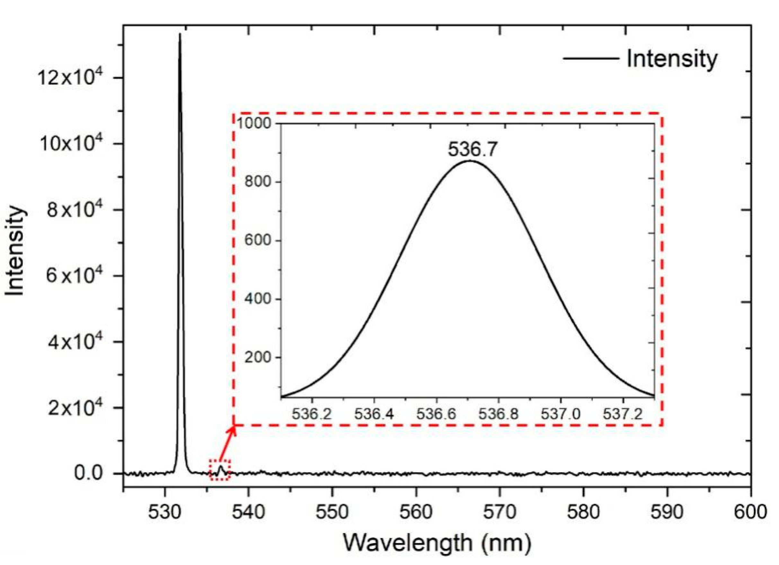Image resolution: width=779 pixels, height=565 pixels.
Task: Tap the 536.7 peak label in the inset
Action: click(472, 149)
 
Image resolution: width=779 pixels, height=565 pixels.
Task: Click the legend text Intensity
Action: click(672, 59)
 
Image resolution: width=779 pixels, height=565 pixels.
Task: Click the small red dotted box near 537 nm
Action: click(220, 470)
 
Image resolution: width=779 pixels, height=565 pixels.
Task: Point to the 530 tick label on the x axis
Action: click(164, 512)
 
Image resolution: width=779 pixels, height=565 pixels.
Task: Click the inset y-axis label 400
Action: click(258, 298)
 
